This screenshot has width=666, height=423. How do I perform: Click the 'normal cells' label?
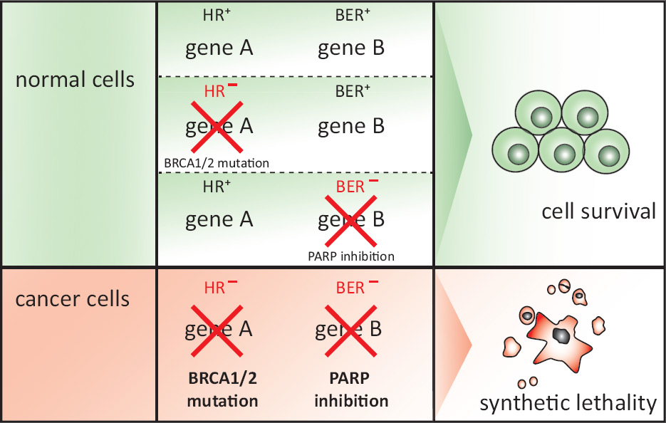point(75,79)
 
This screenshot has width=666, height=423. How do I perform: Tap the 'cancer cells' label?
point(73,298)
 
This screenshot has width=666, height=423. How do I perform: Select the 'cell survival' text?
point(598,211)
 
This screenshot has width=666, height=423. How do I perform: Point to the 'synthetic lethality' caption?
point(568,404)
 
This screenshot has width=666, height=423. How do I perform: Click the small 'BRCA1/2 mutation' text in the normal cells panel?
point(217,163)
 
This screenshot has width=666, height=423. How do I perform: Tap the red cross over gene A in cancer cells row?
point(219,330)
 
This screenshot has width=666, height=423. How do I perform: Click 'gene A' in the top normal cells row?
point(219,48)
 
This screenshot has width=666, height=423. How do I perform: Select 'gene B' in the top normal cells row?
point(351,48)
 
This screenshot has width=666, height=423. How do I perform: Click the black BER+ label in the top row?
point(351,16)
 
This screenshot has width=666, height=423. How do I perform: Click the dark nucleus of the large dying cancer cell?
point(561,335)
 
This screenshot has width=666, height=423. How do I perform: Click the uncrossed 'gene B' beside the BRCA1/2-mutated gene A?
point(351,127)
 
